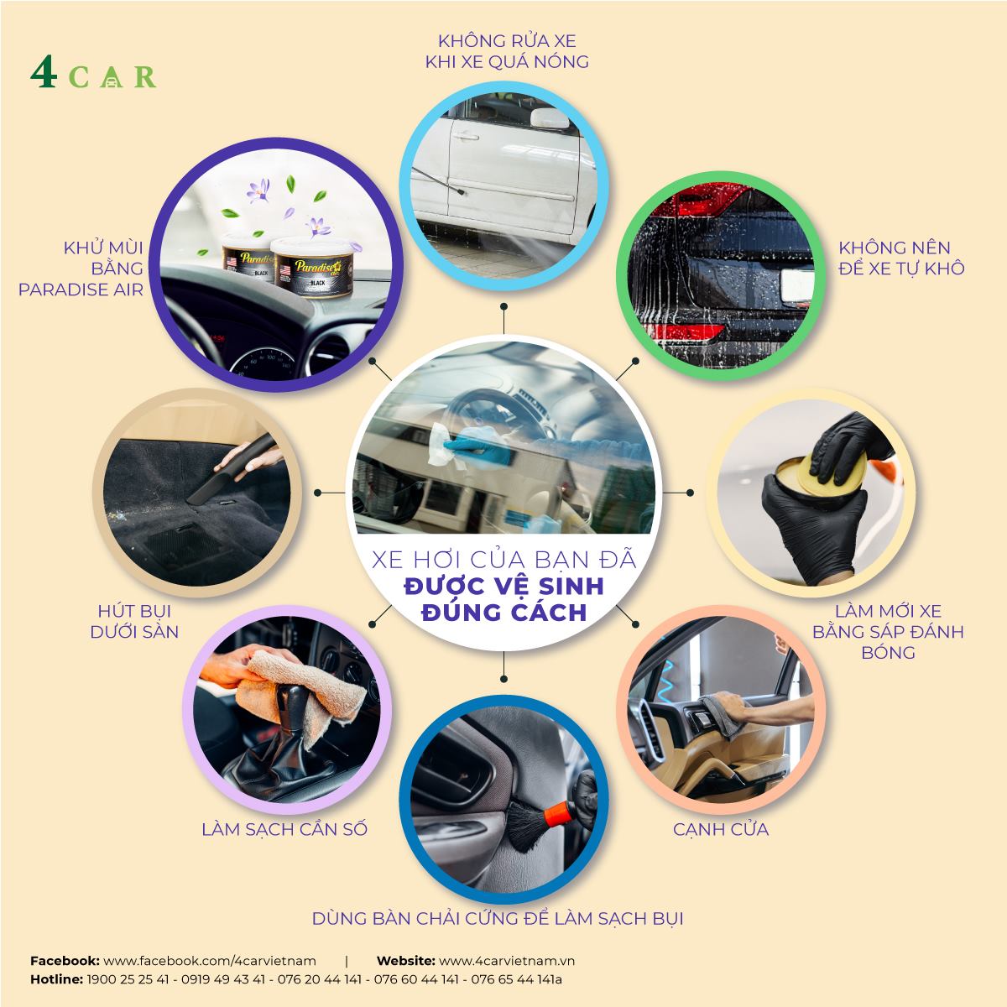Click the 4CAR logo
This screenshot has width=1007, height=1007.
click(93, 76)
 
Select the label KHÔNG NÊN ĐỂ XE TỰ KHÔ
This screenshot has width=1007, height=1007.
click(901, 258)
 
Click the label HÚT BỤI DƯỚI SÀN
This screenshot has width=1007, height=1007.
click(134, 621)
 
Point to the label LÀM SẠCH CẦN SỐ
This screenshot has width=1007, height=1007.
click(284, 829)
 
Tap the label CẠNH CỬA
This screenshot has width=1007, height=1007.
click(721, 829)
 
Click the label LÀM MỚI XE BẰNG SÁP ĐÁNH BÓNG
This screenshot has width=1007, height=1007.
click(888, 631)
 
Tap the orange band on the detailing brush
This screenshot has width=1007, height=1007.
click(556, 811)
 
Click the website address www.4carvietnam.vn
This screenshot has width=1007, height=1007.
click(507, 961)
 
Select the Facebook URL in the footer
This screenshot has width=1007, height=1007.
click(210, 961)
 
